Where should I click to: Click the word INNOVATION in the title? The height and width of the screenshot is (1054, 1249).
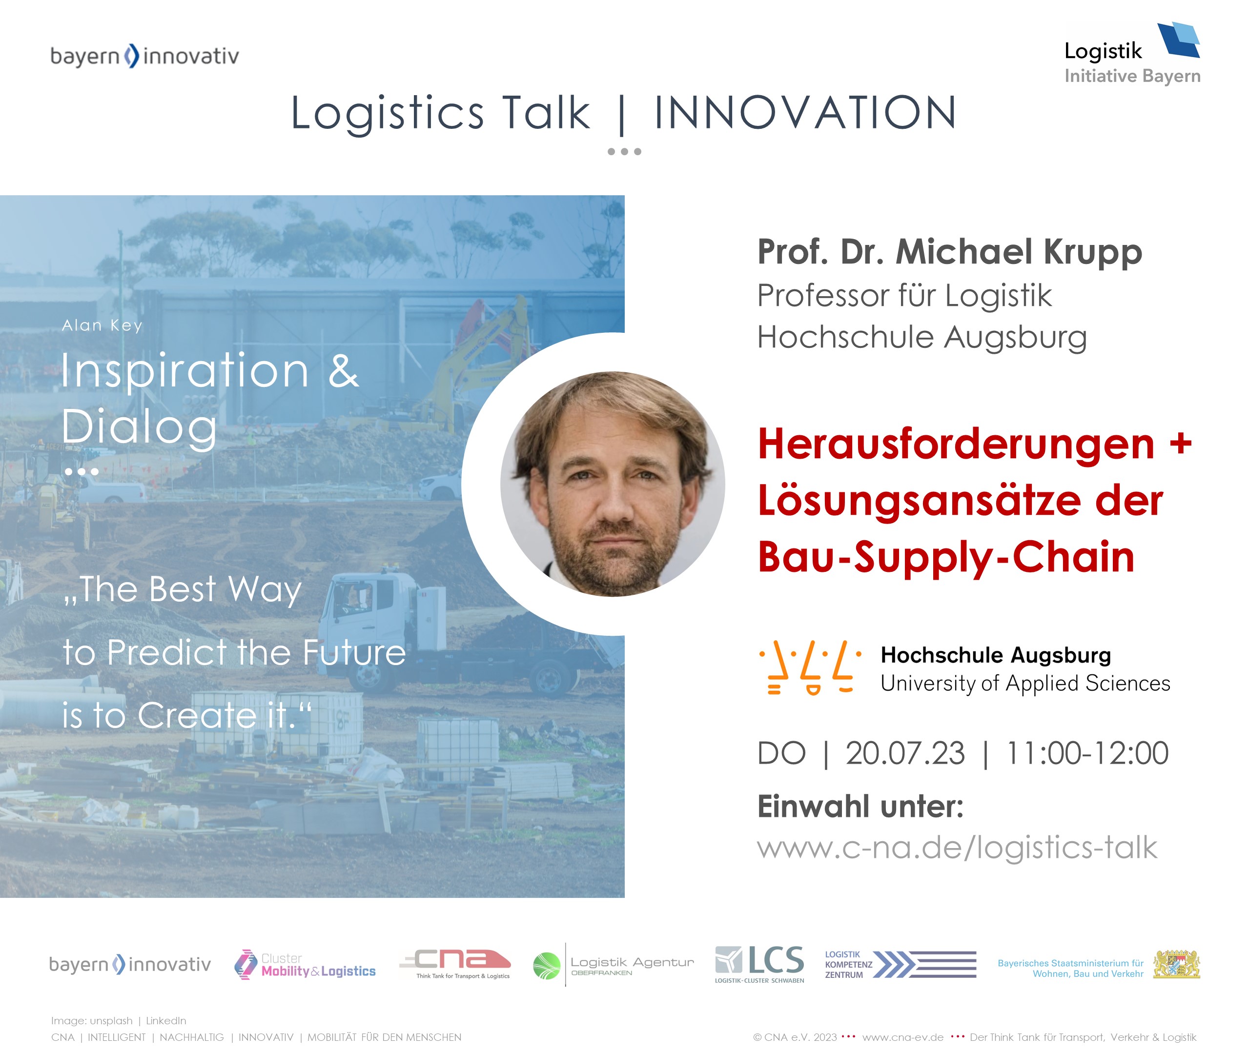805,112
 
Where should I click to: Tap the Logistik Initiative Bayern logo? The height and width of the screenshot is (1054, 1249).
1132,54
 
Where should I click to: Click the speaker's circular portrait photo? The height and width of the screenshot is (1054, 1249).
613,484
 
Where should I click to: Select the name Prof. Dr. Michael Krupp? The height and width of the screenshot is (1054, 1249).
950,252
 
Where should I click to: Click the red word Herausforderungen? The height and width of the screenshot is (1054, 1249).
956,444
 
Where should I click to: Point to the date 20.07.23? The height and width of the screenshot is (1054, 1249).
905,753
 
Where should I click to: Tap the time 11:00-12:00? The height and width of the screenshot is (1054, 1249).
1087,753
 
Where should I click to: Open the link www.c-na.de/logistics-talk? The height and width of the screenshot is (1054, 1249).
957,847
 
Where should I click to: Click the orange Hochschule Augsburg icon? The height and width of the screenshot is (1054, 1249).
810,668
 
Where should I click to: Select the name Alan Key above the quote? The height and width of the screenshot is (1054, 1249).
102,325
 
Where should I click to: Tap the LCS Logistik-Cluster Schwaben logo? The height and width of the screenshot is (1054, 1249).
759,964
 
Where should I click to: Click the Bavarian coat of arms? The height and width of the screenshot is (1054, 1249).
1176,964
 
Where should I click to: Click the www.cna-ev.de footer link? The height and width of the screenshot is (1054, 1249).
903,1037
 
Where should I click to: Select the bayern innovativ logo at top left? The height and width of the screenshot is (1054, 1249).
144,56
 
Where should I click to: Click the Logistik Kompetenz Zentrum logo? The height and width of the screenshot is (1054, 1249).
900,964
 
